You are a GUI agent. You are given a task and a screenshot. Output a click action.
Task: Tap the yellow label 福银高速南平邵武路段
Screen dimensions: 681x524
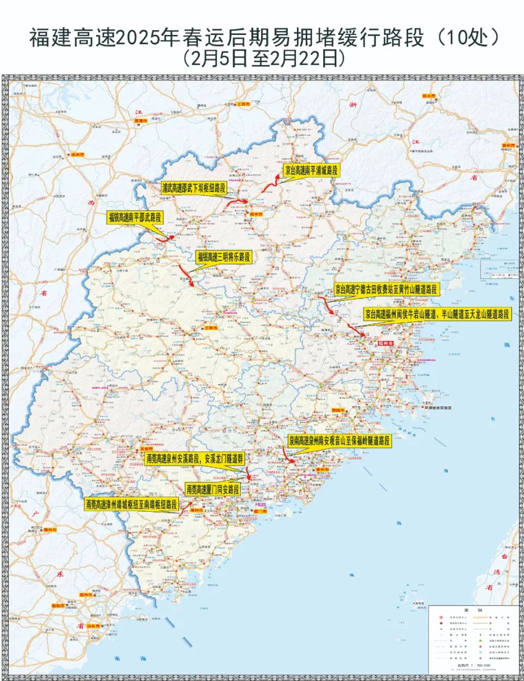(135, 217)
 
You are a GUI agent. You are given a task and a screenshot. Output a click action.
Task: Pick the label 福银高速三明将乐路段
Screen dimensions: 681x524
(223, 257)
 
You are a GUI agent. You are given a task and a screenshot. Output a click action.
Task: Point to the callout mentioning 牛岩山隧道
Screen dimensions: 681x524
(438, 314)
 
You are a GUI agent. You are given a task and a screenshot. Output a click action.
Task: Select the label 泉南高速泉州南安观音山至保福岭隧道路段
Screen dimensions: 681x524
(340, 441)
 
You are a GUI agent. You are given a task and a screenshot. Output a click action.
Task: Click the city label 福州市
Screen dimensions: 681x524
(385, 343)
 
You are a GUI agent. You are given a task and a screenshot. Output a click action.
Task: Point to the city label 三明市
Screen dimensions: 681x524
(211, 328)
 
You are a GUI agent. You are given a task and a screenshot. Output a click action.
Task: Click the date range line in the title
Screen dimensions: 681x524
(262, 58)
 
